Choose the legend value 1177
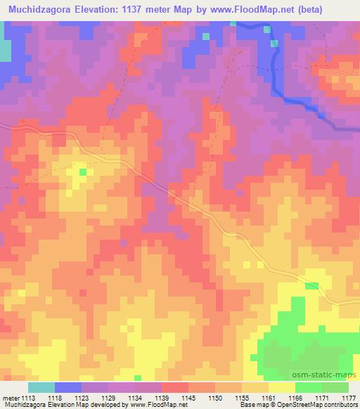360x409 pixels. click(347, 397)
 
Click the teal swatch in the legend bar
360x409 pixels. click(41, 387)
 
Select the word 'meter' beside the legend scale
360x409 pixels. click(11, 397)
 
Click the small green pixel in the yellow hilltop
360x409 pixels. click(82, 171)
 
